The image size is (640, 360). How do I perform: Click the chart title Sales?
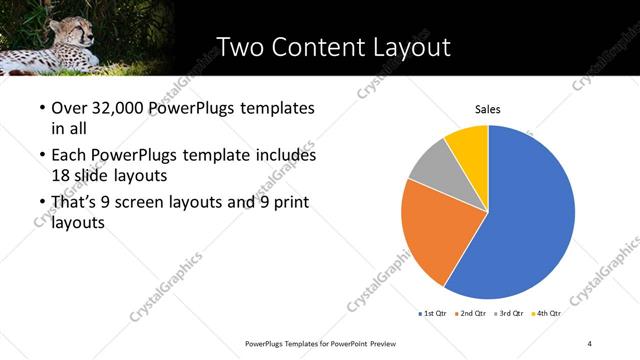[x=487, y=109]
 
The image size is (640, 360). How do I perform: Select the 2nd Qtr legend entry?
[x=474, y=313]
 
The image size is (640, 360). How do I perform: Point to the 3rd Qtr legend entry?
[x=513, y=313]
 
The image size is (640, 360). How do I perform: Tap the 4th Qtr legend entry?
[x=550, y=313]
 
